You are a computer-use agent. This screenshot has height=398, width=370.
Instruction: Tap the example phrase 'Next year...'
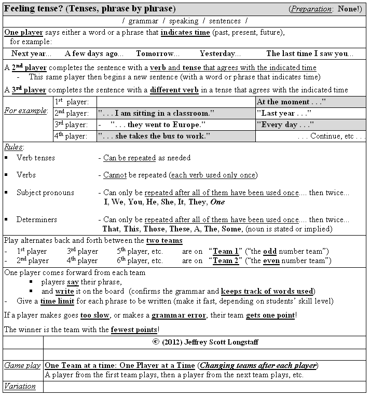(31, 53)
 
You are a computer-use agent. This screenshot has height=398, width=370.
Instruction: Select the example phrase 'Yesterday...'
(220, 53)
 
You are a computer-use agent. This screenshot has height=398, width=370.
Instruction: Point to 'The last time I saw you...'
(310, 53)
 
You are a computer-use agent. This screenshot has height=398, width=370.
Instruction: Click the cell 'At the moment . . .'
(291, 102)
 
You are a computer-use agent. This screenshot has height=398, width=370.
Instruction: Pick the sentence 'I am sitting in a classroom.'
(156, 113)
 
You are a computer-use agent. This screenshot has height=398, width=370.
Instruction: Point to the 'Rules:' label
(14, 147)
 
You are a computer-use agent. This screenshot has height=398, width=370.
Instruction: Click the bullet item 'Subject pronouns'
(45, 193)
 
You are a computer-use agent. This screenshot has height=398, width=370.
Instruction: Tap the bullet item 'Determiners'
(36, 219)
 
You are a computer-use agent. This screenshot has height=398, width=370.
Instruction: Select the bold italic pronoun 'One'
(218, 202)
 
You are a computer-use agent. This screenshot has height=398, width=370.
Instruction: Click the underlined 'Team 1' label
(226, 251)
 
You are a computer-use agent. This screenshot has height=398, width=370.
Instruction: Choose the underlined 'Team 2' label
(226, 260)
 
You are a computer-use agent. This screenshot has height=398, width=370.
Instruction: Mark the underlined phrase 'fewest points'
(132, 329)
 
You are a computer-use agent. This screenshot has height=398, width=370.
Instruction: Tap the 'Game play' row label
(22, 365)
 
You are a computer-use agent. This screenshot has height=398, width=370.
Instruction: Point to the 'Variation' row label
(20, 386)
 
